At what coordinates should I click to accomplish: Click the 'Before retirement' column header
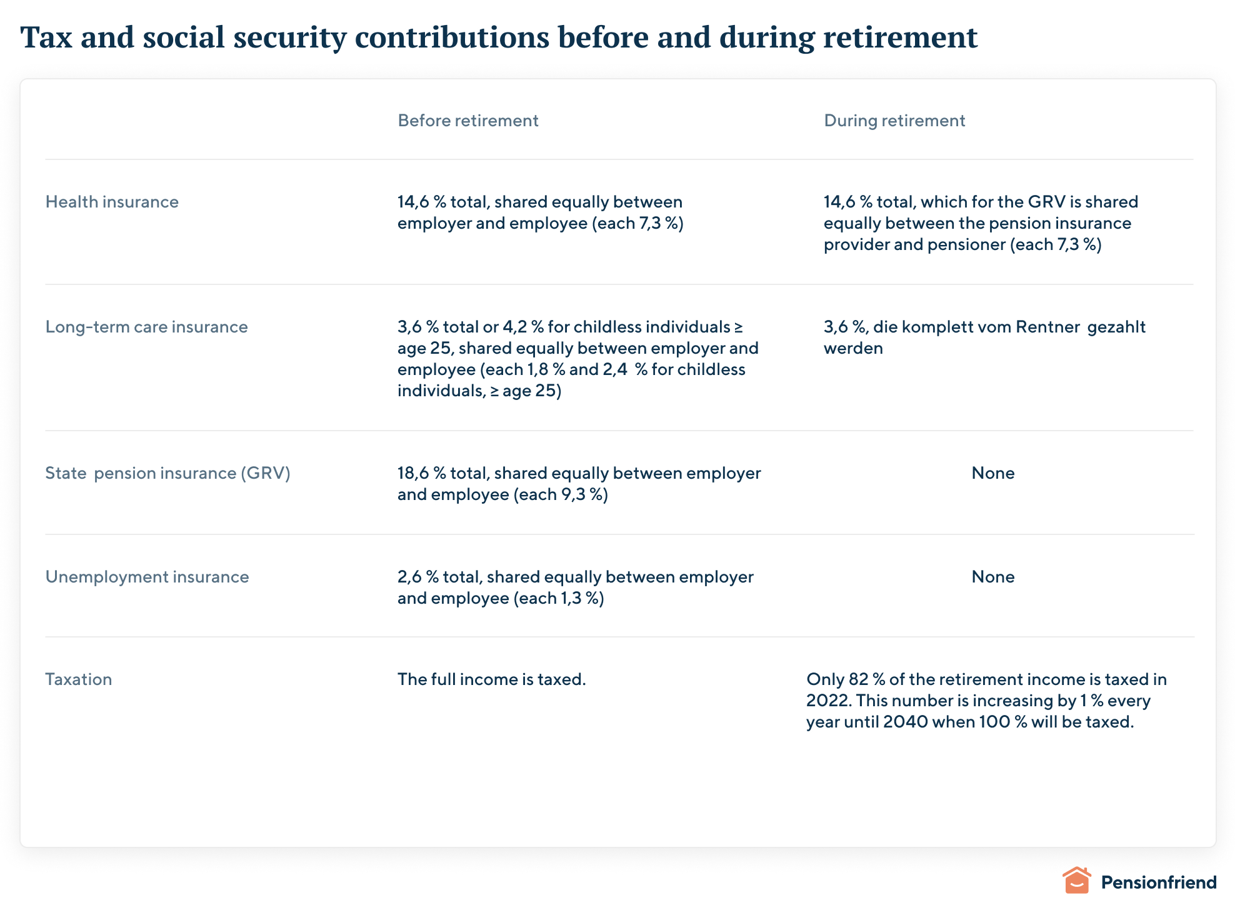(467, 121)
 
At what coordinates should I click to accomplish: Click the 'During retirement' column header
(894, 121)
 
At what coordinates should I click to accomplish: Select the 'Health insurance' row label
(112, 202)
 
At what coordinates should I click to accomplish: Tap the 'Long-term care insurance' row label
(146, 327)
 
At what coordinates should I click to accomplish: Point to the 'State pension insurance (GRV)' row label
(167, 473)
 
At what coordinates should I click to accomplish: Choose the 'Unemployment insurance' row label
(147, 577)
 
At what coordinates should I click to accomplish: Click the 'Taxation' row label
(79, 679)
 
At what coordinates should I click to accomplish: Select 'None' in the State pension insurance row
(992, 473)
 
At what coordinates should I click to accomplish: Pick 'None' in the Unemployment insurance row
(992, 577)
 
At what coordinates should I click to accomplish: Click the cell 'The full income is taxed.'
(491, 679)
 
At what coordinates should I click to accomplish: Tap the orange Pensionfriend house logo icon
(1076, 881)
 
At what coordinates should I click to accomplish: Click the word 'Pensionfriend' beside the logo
(1158, 882)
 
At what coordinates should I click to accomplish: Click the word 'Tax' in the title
(46, 37)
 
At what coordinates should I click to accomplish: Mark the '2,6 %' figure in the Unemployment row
(417, 577)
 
